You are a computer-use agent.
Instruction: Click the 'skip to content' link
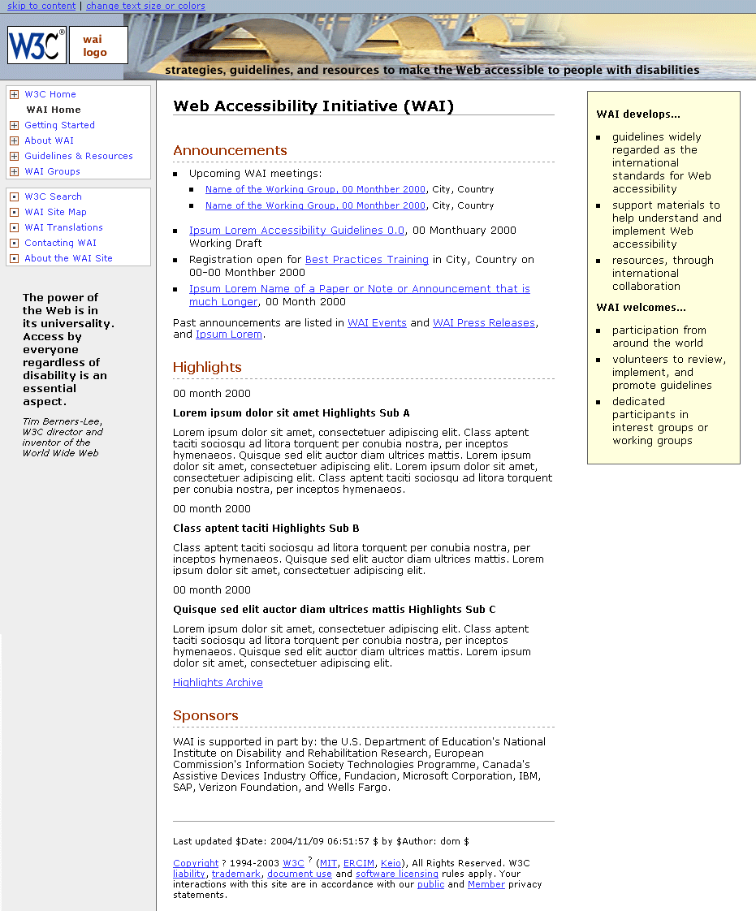tap(41, 6)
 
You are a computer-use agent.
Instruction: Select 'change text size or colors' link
tap(145, 6)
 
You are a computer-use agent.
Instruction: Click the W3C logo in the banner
tap(37, 45)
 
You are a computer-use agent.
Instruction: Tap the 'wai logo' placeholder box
tap(98, 45)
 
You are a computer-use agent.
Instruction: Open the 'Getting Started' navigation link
tap(59, 125)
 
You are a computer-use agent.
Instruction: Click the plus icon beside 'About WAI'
tap(14, 140)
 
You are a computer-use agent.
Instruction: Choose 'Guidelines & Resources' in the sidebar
tap(78, 156)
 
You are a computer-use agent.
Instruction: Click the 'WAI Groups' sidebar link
tap(52, 171)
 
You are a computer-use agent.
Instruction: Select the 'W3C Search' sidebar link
tap(53, 196)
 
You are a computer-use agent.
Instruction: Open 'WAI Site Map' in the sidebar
tap(55, 212)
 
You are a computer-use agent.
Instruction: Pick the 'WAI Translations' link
tap(63, 227)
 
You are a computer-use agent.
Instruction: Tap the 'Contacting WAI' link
tap(60, 243)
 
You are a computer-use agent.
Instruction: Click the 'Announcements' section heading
tap(230, 150)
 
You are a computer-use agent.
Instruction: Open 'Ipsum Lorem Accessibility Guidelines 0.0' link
tap(296, 231)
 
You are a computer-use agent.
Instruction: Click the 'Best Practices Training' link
tap(366, 260)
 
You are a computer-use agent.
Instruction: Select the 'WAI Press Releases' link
tap(483, 323)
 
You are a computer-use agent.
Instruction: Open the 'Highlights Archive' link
tap(218, 683)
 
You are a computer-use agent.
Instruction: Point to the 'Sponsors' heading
tap(205, 715)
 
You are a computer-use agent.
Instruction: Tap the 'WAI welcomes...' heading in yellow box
tap(641, 308)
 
